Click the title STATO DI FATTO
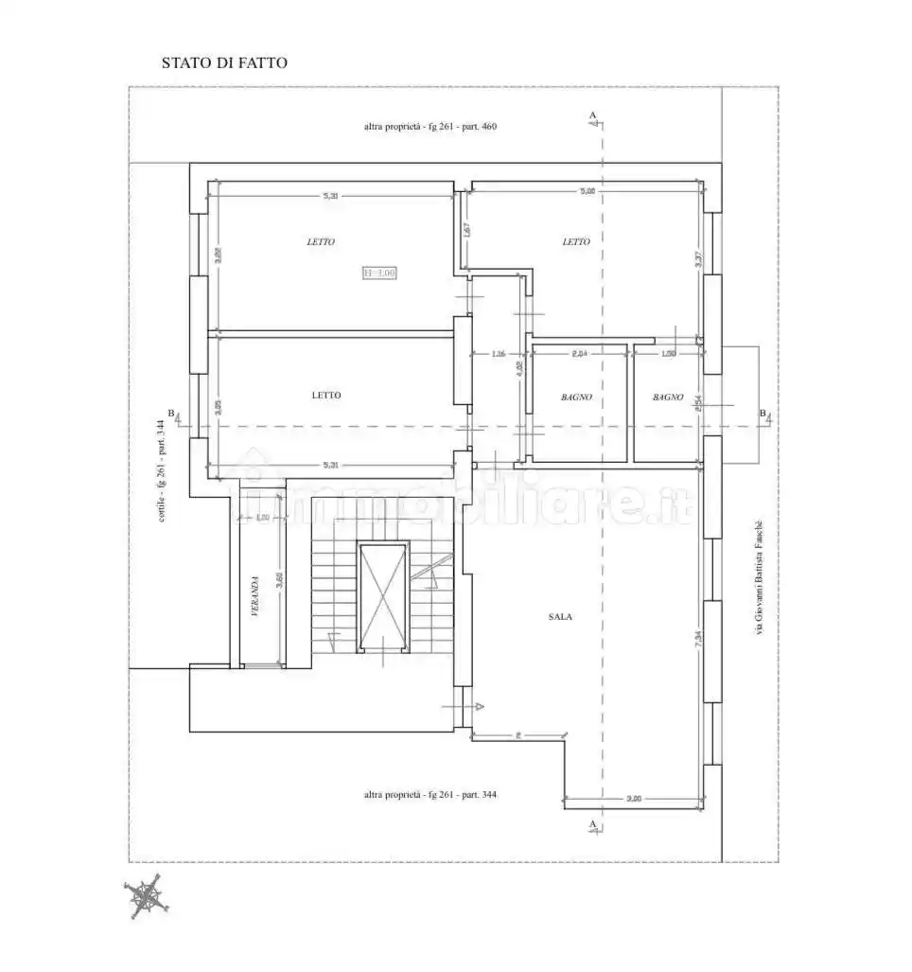tap(224, 63)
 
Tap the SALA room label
tap(560, 616)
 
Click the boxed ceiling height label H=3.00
tap(379, 274)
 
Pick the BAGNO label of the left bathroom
tap(575, 398)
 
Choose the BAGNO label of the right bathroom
tap(667, 398)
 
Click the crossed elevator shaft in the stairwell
tap(382, 597)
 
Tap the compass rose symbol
tap(146, 896)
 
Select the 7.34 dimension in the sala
tap(697, 640)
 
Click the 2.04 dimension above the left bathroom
tap(580, 354)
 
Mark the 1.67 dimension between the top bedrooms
tap(466, 230)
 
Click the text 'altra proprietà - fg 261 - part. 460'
tap(430, 126)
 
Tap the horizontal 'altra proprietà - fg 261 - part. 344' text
tap(430, 795)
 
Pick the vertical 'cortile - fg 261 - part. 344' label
tap(163, 469)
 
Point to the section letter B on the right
tap(762, 413)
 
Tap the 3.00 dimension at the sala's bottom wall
tap(634, 799)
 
